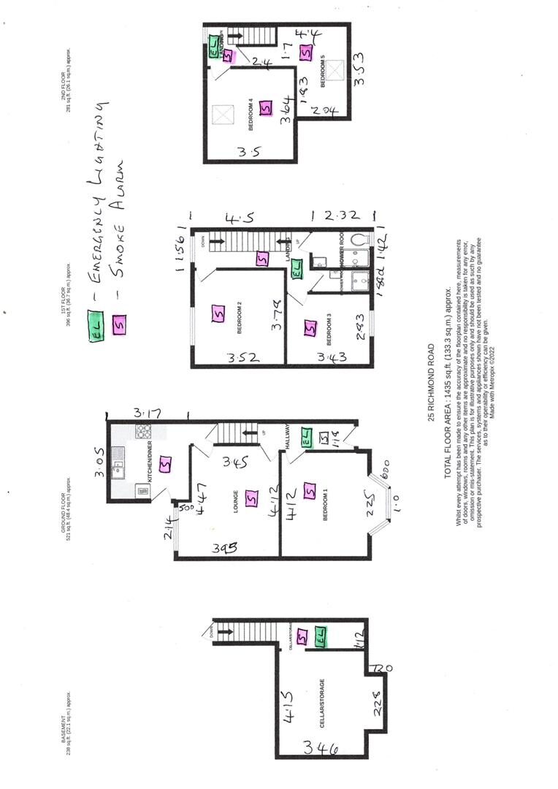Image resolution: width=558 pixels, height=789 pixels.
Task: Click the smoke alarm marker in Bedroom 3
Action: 310,330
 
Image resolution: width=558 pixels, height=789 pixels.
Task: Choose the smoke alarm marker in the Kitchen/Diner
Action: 166,463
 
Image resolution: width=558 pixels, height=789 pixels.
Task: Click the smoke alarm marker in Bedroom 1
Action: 309,491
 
